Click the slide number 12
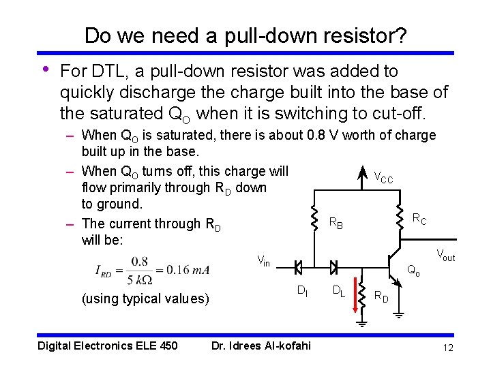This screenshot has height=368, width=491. tap(448, 348)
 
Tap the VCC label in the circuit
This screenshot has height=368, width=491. tap(383, 179)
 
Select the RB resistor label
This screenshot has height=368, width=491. tap(336, 222)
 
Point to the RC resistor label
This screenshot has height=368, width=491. tap(419, 219)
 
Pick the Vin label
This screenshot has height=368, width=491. tap(263, 260)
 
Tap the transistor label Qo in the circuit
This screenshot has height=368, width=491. tap(413, 271)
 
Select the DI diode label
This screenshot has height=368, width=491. tap(302, 292)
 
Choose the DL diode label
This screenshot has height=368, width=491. tap(338, 292)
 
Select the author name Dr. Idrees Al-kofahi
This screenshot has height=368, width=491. tap(261, 346)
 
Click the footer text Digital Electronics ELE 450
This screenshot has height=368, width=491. tap(108, 346)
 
